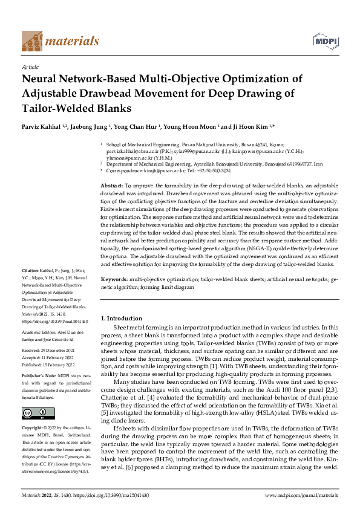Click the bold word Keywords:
tap(114, 280)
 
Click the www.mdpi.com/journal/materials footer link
tap(301, 495)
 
